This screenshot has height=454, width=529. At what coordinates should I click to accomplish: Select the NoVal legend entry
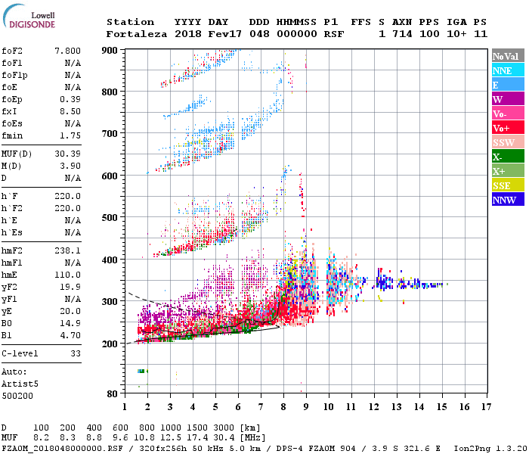pos(506,56)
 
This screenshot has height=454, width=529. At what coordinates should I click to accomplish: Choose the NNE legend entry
pos(503,70)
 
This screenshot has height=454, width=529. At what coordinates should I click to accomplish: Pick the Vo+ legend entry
pos(501,128)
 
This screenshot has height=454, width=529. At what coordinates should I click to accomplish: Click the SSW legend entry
pos(503,142)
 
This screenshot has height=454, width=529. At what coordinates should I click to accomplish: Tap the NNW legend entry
pos(504,201)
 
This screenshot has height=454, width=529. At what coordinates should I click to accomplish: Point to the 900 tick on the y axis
pos(110,50)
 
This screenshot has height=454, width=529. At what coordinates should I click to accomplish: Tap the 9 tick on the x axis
pos(306,406)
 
